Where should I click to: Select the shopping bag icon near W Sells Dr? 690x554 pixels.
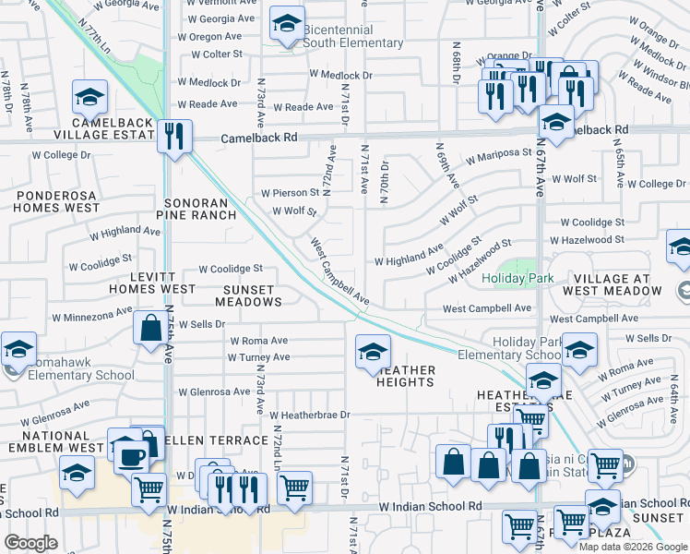149,329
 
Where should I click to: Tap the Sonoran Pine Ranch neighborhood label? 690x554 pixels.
200,209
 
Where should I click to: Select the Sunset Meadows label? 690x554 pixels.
248,295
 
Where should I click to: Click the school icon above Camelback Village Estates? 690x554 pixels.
90,97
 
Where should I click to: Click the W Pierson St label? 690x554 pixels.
290,194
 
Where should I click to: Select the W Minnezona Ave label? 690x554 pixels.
86,316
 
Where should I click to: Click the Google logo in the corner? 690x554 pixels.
30,543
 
